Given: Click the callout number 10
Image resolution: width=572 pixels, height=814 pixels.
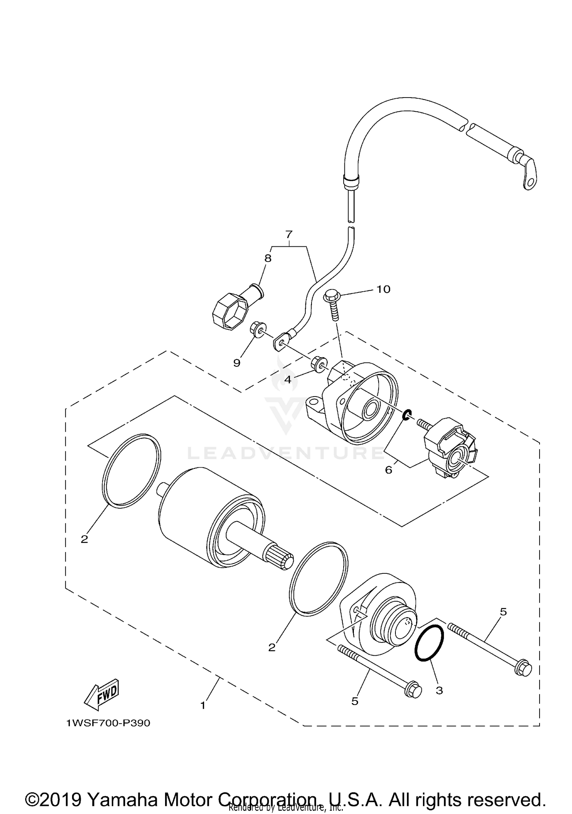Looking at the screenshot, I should pos(383,289).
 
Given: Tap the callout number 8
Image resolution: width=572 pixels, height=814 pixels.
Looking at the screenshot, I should pos(268,258).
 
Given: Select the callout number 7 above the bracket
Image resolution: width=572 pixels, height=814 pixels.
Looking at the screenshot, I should pos(289,234).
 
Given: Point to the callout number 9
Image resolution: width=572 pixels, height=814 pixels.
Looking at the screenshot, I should pos(237,363).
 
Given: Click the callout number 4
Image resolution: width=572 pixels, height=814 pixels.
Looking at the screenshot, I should pos(288,379).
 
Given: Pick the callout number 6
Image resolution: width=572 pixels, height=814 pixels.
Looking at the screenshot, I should pos(389,470).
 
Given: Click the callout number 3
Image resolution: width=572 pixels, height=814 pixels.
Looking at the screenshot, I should pos(439,690).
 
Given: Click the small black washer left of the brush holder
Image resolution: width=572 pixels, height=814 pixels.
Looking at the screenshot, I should pos(407,415).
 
